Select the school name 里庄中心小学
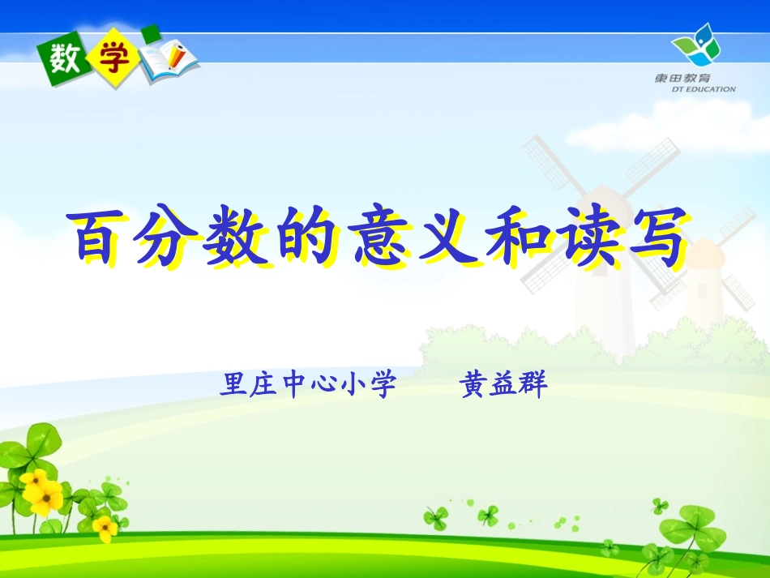[x=307, y=384]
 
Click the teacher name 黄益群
[x=503, y=384]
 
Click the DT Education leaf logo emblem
[x=696, y=47]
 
